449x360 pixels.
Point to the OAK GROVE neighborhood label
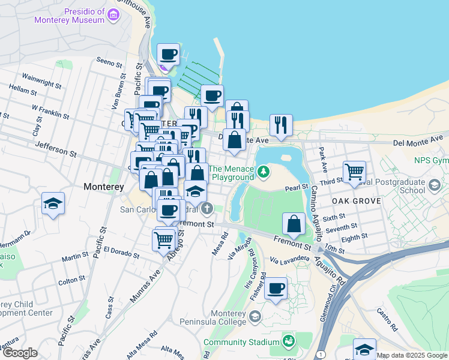356,201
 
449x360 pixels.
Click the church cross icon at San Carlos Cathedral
207,209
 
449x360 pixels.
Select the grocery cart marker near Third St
355,172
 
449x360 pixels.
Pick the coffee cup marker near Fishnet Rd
276,288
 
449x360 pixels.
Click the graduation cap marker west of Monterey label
53,203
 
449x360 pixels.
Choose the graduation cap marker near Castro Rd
365,349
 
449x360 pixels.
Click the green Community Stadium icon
289,342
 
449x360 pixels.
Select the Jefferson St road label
56,149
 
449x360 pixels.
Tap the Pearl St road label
297,188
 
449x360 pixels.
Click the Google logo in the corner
20,353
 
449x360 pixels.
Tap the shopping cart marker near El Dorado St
163,240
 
